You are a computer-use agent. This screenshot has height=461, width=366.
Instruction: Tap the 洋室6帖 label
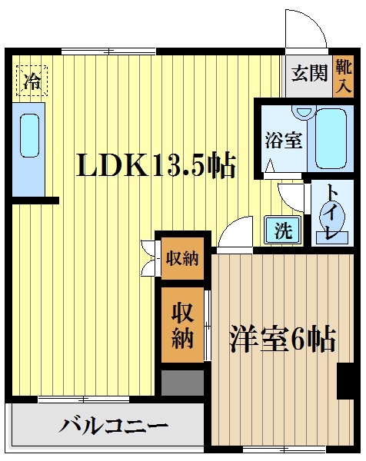click(282, 339)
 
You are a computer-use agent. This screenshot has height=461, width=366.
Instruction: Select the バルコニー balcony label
click(113, 425)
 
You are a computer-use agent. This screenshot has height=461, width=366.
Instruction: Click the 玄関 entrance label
click(309, 73)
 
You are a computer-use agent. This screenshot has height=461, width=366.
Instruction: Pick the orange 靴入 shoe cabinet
click(344, 76)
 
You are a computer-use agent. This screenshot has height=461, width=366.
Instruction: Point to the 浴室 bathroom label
click(283, 141)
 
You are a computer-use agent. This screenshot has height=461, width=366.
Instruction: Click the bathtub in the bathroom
click(331, 139)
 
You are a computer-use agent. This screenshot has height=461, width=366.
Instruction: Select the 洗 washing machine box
click(283, 230)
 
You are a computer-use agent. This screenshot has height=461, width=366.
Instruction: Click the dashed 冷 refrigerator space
click(32, 81)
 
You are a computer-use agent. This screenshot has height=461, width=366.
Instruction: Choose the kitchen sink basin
click(29, 135)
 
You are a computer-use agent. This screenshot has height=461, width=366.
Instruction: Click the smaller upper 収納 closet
click(182, 258)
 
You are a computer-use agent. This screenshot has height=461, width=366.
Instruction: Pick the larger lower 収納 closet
click(182, 324)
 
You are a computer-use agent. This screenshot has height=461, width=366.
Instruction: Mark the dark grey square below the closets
click(182, 383)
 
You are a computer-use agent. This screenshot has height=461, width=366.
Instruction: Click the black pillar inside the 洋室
click(345, 381)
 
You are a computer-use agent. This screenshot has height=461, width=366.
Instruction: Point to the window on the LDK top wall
click(108, 51)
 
